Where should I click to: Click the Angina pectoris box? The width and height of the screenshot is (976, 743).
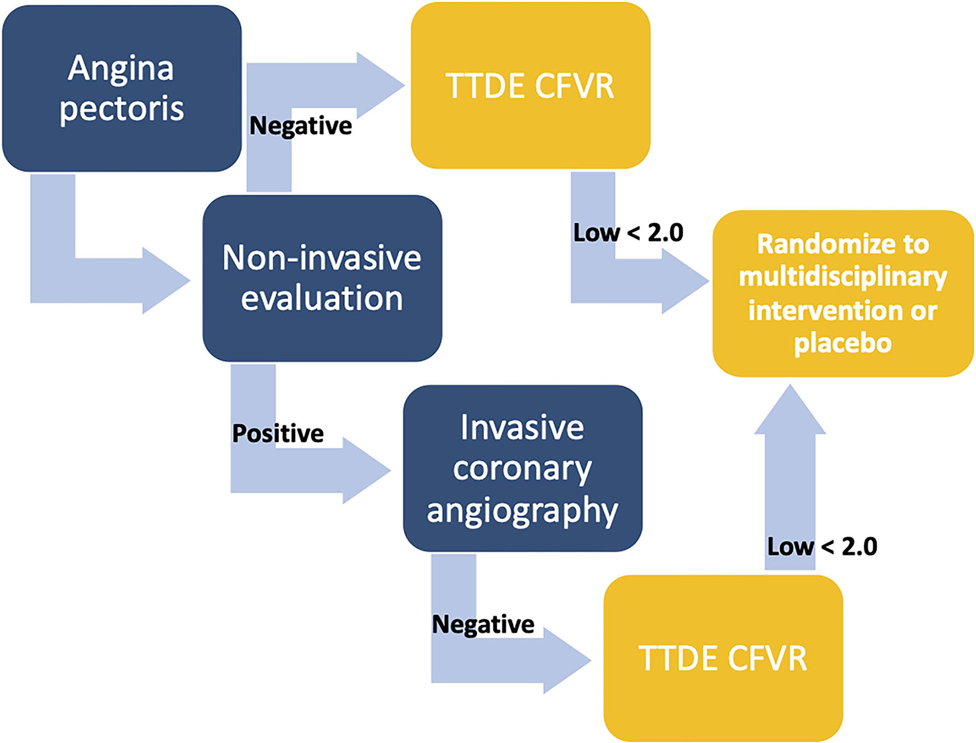click(122, 88)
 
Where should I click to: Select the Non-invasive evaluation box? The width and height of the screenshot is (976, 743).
click(322, 278)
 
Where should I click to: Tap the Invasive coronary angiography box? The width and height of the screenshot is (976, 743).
click(523, 468)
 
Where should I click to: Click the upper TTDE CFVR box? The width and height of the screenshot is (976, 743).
click(530, 86)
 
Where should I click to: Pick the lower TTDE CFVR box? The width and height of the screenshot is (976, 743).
click(723, 658)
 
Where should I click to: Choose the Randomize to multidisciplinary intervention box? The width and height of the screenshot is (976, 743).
click(843, 293)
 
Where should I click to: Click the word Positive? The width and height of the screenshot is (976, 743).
click(278, 434)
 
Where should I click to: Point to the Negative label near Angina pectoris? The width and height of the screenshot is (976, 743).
click(300, 126)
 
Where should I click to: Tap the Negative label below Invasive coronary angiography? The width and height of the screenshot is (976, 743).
click(483, 624)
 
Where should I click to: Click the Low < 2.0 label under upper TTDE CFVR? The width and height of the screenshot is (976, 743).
click(628, 233)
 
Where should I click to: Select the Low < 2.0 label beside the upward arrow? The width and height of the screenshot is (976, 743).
click(822, 547)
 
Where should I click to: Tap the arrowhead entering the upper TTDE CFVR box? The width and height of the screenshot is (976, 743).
click(380, 85)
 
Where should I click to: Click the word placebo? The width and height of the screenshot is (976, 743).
click(842, 343)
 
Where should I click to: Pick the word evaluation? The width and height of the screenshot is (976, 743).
click(322, 299)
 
